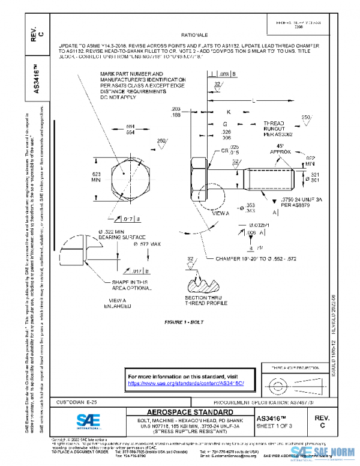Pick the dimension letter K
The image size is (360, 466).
(229, 112)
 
